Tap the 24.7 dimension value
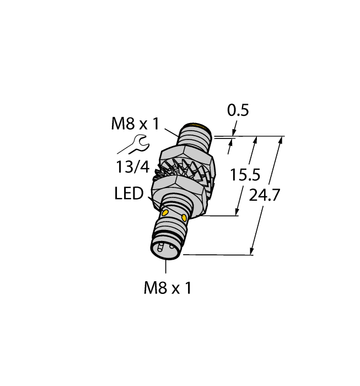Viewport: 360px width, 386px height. click(x=264, y=194)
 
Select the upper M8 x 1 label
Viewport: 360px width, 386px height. click(x=135, y=124)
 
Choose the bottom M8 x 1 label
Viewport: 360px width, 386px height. click(x=167, y=287)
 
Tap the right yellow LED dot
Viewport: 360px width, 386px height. click(x=184, y=217)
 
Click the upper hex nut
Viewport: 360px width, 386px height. click(x=186, y=153)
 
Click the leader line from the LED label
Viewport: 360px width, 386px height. click(x=154, y=202)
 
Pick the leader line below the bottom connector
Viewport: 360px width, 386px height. click(x=166, y=267)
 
